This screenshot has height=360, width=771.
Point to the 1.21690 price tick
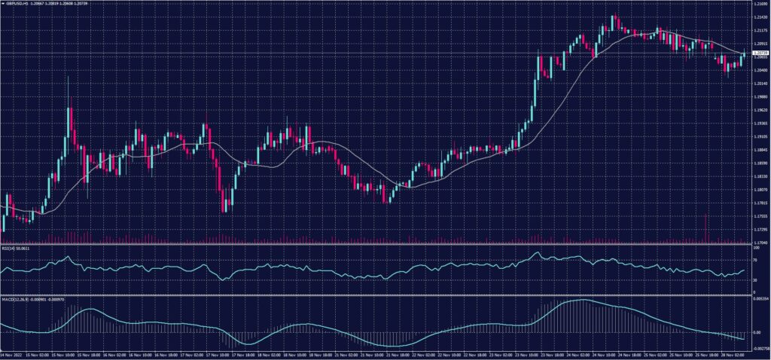(x=760, y=4)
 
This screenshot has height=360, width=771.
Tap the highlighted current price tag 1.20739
(x=760, y=54)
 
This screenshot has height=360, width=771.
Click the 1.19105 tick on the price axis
(x=760, y=137)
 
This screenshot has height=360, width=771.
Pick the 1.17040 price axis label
(x=760, y=242)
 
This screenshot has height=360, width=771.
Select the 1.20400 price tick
(x=760, y=71)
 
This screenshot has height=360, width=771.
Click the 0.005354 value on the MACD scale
(x=760, y=299)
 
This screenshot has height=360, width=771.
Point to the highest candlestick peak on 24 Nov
(x=614, y=15)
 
